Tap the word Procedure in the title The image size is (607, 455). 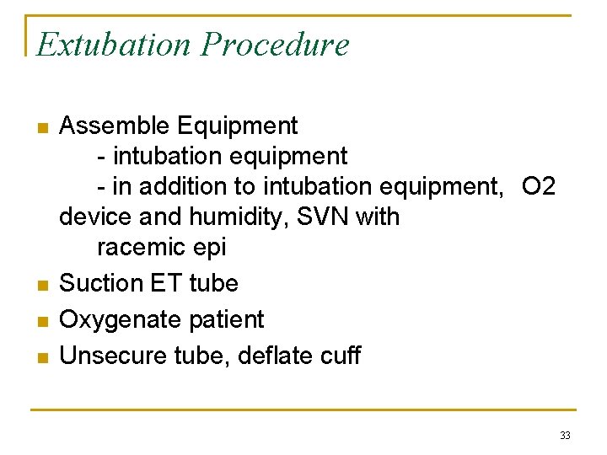click(274, 44)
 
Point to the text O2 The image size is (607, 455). click(539, 186)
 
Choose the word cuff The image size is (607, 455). click(340, 356)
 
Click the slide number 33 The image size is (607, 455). click(565, 436)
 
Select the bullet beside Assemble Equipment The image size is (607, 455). click(41, 128)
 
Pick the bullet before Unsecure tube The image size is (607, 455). click(41, 357)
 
